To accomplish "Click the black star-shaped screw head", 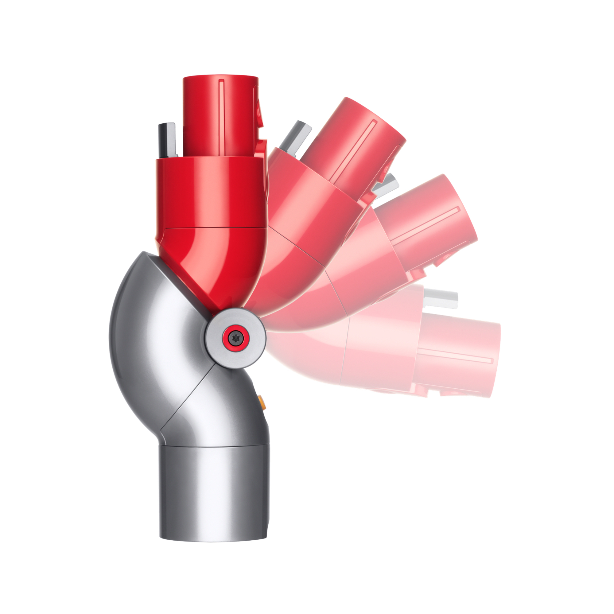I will tap(235, 337).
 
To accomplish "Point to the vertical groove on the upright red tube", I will tap(222, 118).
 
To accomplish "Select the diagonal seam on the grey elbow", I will tap(188, 400).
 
